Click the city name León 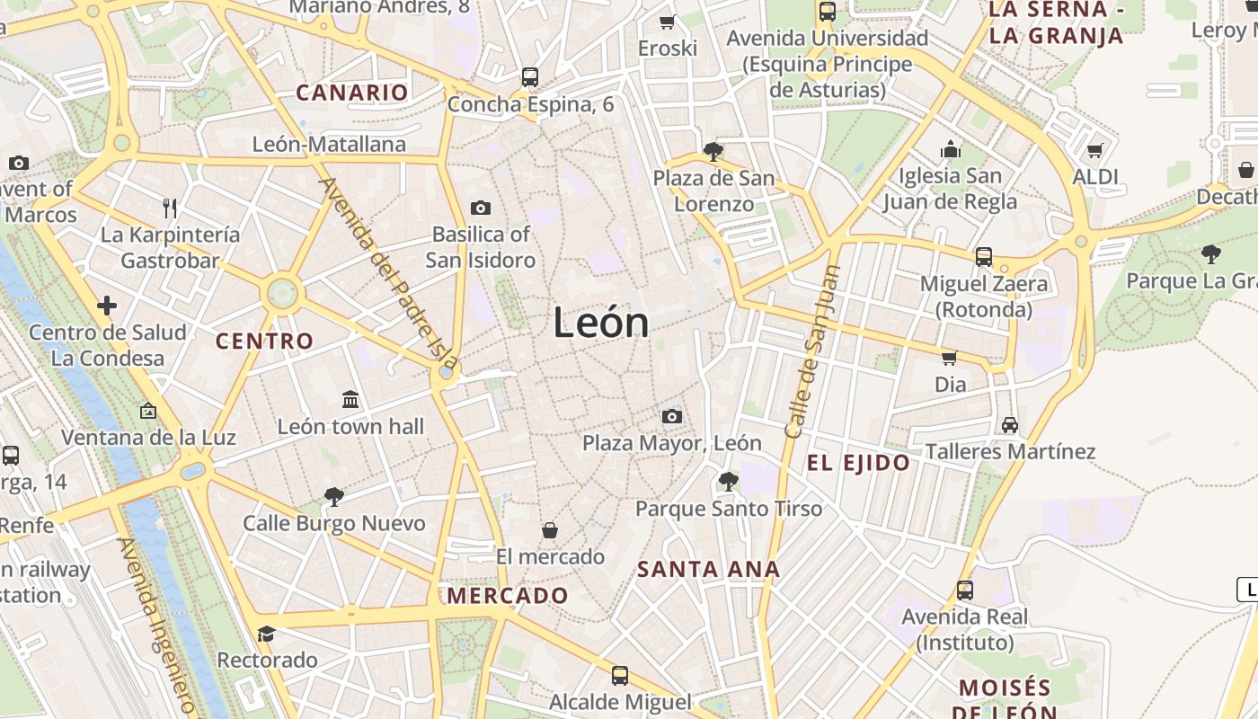click(600, 322)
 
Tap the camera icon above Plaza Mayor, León click(671, 416)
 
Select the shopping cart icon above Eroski click(667, 22)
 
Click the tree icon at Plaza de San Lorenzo click(713, 152)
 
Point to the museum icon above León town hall click(350, 399)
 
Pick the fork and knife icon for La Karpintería click(170, 209)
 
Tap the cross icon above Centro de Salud click(107, 306)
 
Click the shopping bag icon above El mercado click(550, 530)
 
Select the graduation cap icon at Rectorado click(266, 635)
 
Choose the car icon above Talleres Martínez click(1010, 425)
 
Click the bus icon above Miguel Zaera click(984, 257)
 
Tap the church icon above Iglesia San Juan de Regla click(951, 148)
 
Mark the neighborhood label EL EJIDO click(858, 464)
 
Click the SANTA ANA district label click(708, 569)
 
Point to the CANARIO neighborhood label click(352, 93)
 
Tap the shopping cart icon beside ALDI click(1094, 151)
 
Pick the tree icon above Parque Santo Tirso click(729, 482)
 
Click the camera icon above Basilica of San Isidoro click(481, 209)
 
